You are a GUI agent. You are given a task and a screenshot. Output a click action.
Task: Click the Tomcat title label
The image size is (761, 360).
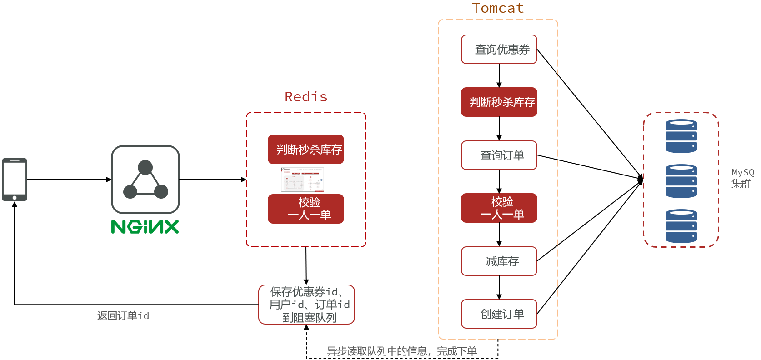tap(498, 9)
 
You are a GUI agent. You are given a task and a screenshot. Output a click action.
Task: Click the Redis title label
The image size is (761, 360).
tap(306, 97)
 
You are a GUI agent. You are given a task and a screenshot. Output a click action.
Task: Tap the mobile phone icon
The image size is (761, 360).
tap(15, 180)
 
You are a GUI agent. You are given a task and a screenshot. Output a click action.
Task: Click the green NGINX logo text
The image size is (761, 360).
tap(145, 226)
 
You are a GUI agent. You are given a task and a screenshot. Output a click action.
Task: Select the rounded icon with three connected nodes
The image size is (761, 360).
tap(145, 180)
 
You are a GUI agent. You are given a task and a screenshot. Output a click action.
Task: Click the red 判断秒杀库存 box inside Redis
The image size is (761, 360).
tap(306, 149)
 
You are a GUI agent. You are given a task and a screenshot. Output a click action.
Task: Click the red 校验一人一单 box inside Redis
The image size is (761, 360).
tap(306, 209)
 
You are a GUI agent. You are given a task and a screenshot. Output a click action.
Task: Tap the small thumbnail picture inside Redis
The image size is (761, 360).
tap(302, 180)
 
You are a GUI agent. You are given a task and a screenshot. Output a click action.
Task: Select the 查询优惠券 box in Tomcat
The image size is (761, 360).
tap(499, 50)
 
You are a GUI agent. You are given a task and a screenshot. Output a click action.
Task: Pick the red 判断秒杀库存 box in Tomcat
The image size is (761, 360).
tap(499, 102)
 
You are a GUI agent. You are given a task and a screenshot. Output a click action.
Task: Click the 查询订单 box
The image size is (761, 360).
tap(499, 155)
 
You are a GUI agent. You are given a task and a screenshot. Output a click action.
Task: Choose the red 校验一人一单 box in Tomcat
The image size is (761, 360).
tap(499, 208)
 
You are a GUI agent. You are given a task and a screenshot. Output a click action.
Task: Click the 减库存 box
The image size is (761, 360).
tap(499, 261)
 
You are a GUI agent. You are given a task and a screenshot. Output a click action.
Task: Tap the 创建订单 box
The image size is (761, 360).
tap(499, 314)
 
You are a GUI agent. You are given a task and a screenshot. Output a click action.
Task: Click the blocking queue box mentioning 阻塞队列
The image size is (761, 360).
tap(307, 305)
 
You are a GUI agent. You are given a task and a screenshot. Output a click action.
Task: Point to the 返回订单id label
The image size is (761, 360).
tap(123, 316)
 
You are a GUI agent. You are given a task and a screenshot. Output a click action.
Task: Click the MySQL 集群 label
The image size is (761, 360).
tap(745, 178)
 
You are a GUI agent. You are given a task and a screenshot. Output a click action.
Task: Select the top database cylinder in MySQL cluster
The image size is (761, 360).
tap(681, 136)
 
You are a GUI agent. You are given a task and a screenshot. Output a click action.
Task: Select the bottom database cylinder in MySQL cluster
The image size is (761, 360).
tap(681, 226)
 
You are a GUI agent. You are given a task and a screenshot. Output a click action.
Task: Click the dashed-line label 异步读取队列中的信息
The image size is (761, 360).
tap(402, 351)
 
